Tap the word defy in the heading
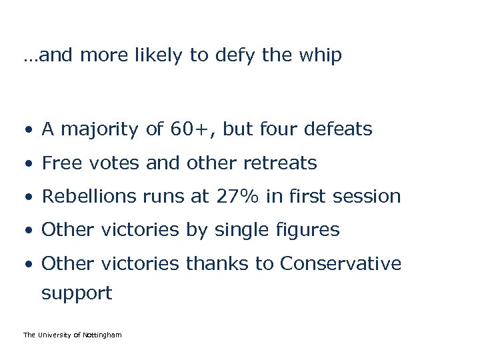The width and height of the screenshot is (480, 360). click(237, 56)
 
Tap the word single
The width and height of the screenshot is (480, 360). click(236, 231)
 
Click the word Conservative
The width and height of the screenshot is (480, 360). click(340, 264)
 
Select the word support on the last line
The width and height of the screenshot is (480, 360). click(77, 293)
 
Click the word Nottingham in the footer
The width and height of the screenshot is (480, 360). click(103, 335)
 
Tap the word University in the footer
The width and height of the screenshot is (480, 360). click(54, 335)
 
